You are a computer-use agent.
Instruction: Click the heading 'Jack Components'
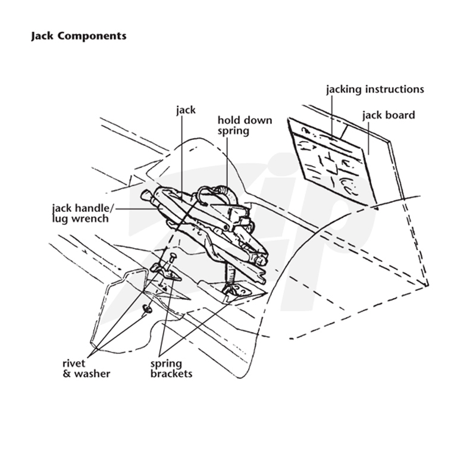pos(79,36)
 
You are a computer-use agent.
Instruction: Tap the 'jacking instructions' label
pos(375,90)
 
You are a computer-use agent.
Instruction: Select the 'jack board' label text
pos(389,115)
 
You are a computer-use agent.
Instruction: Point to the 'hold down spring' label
pos(245,126)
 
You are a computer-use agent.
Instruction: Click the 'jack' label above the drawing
pos(186,110)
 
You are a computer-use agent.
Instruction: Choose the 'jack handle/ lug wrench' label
pos(83,214)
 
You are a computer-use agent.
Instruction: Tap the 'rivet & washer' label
pos(86,368)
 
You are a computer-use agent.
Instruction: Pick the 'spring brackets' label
pos(171,368)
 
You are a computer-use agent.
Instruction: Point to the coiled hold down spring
pos(226,191)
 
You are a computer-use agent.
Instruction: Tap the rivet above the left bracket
pos(172,259)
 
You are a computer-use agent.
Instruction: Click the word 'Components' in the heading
pos(92,36)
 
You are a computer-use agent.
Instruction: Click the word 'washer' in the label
pos(92,374)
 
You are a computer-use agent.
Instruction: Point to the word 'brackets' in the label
pos(171,374)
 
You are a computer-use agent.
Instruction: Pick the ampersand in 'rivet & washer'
pos(67,374)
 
